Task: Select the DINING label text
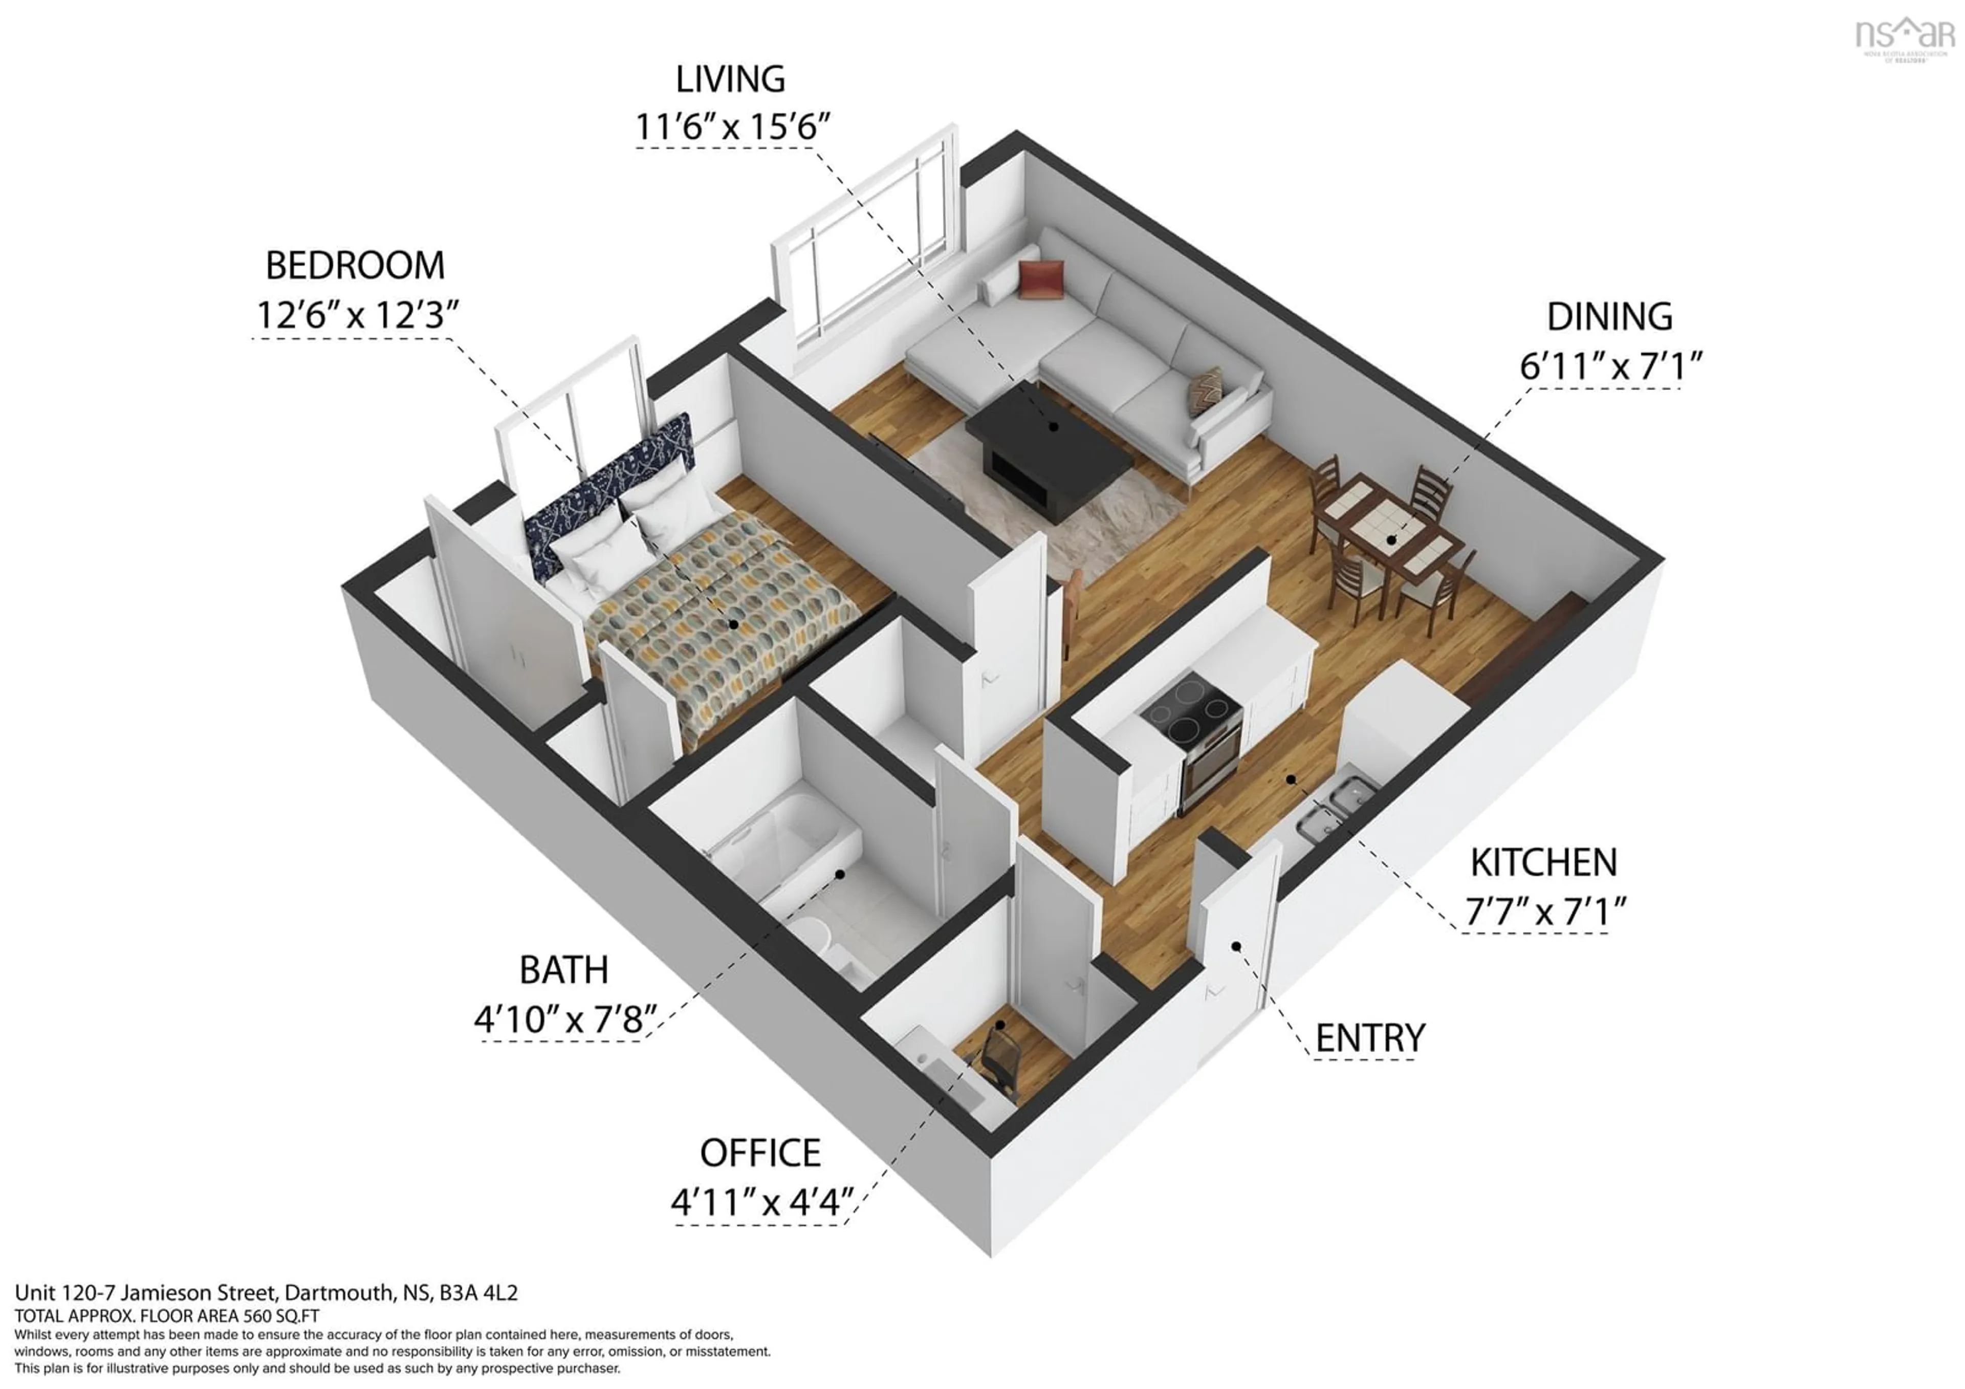1608,317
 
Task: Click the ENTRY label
1369,1038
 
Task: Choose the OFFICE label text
760,1154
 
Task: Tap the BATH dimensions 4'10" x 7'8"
565,1019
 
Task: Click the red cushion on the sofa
1041,280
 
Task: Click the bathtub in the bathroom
788,839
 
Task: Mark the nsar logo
1904,38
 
